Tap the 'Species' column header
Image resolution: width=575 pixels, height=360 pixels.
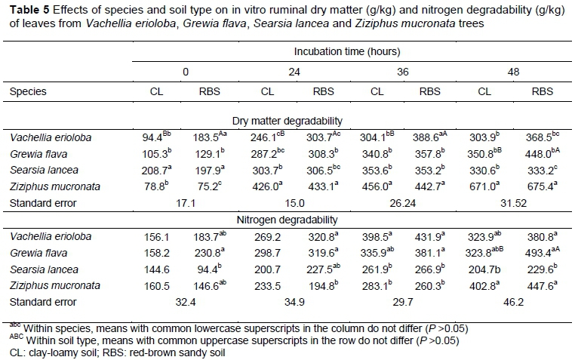(28, 91)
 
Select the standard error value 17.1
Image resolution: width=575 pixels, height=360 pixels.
(184, 203)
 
